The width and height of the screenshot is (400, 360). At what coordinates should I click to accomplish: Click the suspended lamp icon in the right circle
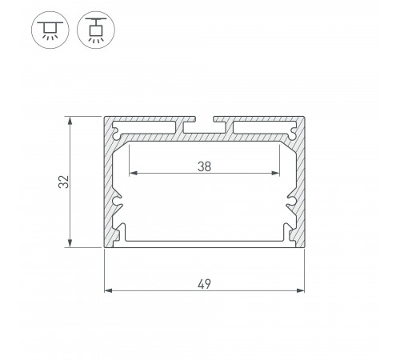point(94,29)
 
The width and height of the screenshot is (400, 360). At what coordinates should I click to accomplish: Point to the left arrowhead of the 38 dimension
point(131,173)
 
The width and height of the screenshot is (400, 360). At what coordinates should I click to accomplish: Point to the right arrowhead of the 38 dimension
point(278,173)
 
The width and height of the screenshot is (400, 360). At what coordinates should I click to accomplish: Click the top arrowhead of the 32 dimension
point(73,120)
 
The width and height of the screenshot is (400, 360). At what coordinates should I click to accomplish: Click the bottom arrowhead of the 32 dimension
point(73,244)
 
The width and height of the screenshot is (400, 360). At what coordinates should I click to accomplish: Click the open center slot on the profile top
point(204,126)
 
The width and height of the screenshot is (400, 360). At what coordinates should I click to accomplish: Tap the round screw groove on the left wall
point(118,201)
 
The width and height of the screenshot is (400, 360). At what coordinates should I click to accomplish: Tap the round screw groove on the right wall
point(291,201)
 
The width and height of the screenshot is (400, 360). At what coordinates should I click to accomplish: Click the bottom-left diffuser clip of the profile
point(120,232)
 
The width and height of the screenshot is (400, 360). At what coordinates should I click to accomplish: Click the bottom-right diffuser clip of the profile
point(290,232)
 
